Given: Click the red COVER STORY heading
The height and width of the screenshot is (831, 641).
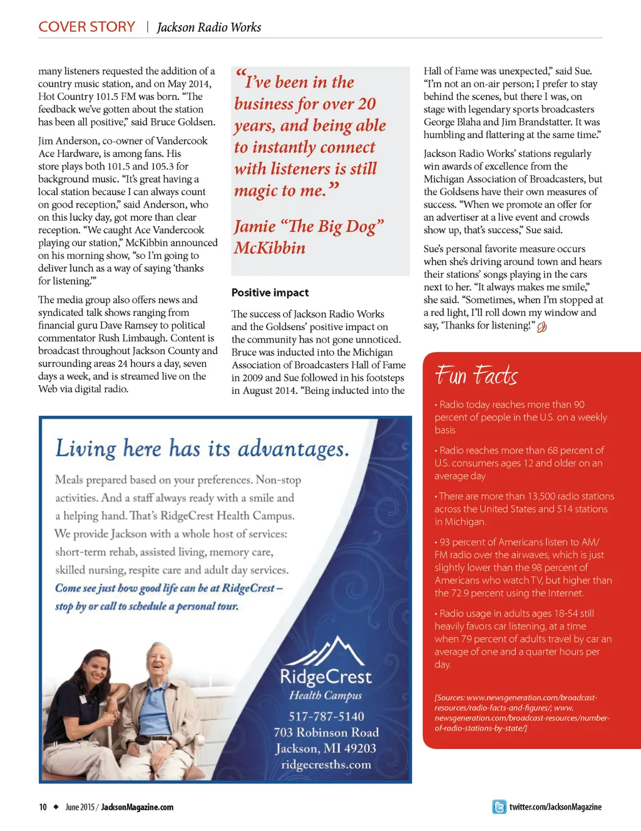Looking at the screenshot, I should pos(86,27).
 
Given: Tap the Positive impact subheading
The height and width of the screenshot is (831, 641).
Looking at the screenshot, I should pos(270,293).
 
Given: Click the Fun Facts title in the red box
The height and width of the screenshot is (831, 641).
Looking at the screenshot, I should pos(476,375).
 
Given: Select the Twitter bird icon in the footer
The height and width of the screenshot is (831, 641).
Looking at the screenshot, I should pos(499,807).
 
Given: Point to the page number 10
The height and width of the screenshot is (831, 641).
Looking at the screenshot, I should pos(43,807).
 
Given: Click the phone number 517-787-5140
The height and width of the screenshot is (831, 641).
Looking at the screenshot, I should pos(326,717).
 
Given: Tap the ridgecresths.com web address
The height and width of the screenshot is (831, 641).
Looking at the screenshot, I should pos(326,765).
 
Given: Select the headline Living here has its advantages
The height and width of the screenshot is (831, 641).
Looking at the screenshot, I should pos(202,448).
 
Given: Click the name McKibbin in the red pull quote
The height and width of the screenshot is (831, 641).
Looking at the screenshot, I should pos(270,248).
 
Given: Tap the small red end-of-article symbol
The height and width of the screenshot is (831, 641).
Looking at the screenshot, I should pos(542,326).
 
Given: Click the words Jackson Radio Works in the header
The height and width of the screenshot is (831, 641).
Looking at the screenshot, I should pos(209,28).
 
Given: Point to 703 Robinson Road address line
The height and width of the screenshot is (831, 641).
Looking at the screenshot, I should pos(326,732).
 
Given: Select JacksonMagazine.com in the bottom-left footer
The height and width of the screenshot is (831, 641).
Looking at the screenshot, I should pos(137,807).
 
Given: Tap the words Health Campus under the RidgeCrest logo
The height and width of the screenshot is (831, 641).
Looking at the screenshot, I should pos(326,695).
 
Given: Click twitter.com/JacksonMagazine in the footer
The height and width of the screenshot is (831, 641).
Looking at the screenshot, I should pos(555,807).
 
